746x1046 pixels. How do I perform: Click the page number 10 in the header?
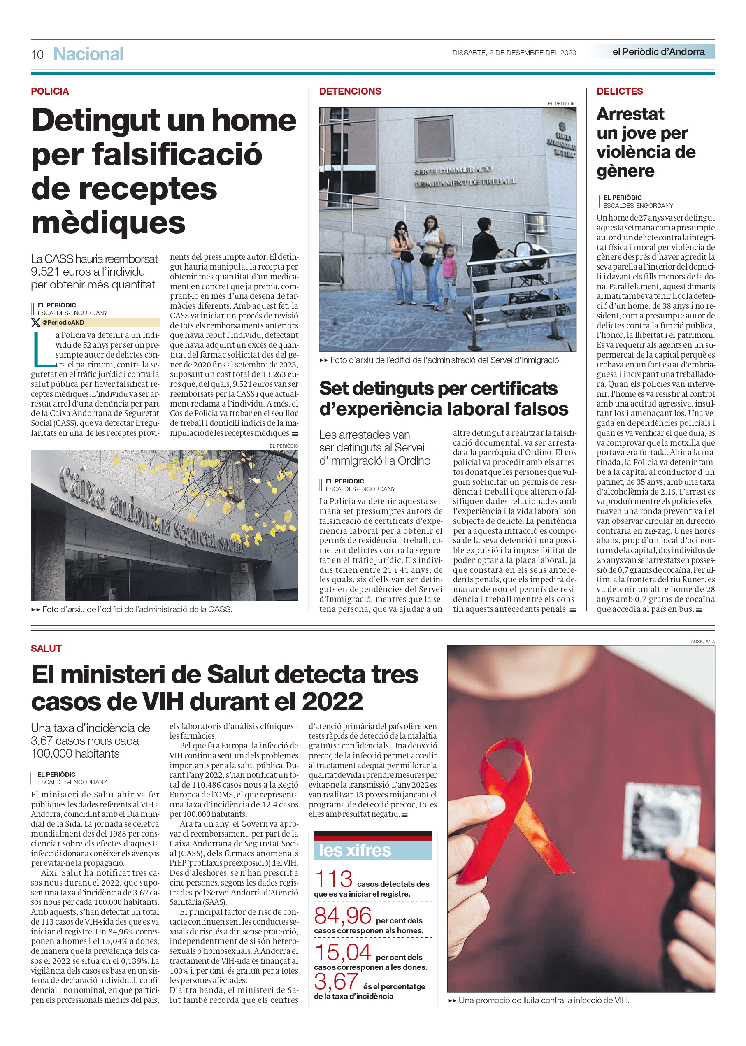37,55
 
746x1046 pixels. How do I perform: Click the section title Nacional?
88,54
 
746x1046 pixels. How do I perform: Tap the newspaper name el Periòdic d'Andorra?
658,52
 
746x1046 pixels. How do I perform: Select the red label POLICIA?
50,91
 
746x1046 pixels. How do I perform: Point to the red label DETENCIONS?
350,91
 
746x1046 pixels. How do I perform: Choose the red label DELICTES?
619,91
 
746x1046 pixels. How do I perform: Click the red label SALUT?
46,648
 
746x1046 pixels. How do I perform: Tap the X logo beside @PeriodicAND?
35,323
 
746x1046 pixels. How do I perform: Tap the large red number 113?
333,879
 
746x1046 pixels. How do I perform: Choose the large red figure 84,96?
343,916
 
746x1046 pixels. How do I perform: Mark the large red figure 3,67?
336,982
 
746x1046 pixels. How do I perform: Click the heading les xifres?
355,850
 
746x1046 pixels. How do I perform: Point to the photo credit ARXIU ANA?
702,641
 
